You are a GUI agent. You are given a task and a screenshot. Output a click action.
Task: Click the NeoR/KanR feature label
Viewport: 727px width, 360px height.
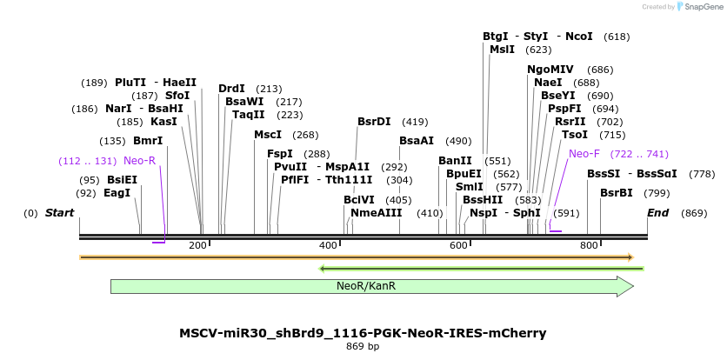click(366, 286)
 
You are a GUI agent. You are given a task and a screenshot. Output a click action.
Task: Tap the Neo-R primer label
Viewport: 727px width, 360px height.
click(139, 161)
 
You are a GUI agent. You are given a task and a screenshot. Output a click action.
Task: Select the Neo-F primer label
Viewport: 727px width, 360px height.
click(584, 154)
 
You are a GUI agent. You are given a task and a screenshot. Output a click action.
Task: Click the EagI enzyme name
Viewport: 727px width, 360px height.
click(117, 193)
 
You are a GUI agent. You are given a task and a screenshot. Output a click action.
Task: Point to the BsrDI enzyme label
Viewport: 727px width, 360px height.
click(374, 122)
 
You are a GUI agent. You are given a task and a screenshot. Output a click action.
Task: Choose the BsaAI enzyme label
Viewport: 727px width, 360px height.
click(417, 141)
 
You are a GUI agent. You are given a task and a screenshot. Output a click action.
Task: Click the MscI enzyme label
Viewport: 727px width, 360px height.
click(268, 135)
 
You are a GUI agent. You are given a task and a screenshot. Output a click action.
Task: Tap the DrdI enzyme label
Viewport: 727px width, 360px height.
click(231, 89)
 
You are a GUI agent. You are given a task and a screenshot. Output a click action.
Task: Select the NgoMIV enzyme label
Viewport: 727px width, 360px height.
click(550, 70)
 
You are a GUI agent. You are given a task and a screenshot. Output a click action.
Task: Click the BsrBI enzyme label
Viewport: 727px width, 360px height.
click(617, 193)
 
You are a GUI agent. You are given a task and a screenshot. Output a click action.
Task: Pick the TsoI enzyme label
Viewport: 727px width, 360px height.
click(575, 135)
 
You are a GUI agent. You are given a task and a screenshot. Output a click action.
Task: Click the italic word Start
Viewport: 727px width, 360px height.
click(59, 213)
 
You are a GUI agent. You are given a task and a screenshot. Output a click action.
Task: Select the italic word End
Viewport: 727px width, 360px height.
click(658, 213)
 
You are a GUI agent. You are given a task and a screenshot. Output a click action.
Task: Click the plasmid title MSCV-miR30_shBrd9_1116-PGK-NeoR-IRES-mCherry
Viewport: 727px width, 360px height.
click(363, 333)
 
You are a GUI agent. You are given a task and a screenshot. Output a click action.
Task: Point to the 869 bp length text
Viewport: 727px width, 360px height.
click(363, 347)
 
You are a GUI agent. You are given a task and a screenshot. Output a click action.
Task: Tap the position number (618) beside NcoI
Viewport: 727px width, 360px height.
click(617, 37)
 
